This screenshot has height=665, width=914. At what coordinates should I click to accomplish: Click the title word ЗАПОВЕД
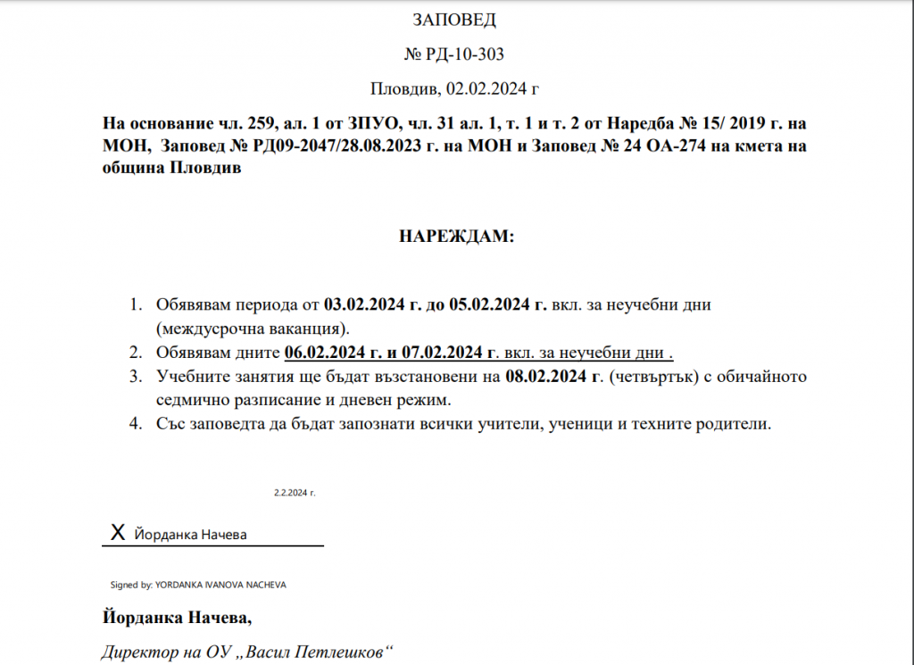point(454,20)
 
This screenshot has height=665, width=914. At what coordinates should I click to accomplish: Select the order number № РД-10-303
point(454,54)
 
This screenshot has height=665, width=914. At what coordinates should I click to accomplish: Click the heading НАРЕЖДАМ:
point(456,237)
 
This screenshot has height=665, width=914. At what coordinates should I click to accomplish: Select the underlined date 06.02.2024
point(322,352)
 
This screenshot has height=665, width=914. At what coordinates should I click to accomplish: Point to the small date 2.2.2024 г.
point(295,492)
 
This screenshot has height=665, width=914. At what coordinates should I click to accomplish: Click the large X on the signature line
point(117,534)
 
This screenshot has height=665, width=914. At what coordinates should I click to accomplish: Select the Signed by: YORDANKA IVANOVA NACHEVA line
point(198,585)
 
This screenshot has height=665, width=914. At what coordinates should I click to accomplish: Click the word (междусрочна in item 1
point(202,328)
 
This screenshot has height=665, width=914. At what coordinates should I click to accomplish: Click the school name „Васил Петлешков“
point(319,652)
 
